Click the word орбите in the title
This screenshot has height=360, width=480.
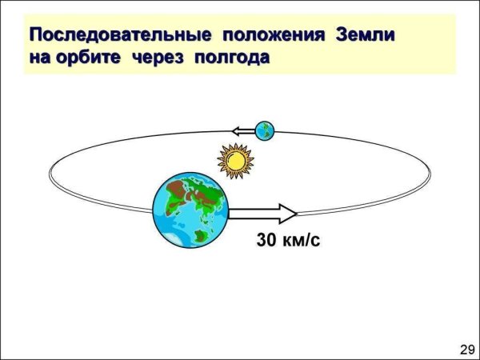(84, 58)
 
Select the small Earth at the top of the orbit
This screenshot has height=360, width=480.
(264, 129)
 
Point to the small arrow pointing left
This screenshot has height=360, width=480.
(243, 129)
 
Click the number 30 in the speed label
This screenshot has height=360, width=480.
(266, 239)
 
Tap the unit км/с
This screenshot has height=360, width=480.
(302, 239)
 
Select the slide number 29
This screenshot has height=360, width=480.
(467, 349)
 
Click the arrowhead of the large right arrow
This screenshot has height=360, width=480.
(287, 213)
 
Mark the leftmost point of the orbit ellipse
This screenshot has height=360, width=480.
(49, 172)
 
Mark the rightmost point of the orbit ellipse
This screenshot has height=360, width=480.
(433, 172)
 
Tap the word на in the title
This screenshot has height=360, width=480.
(38, 58)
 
